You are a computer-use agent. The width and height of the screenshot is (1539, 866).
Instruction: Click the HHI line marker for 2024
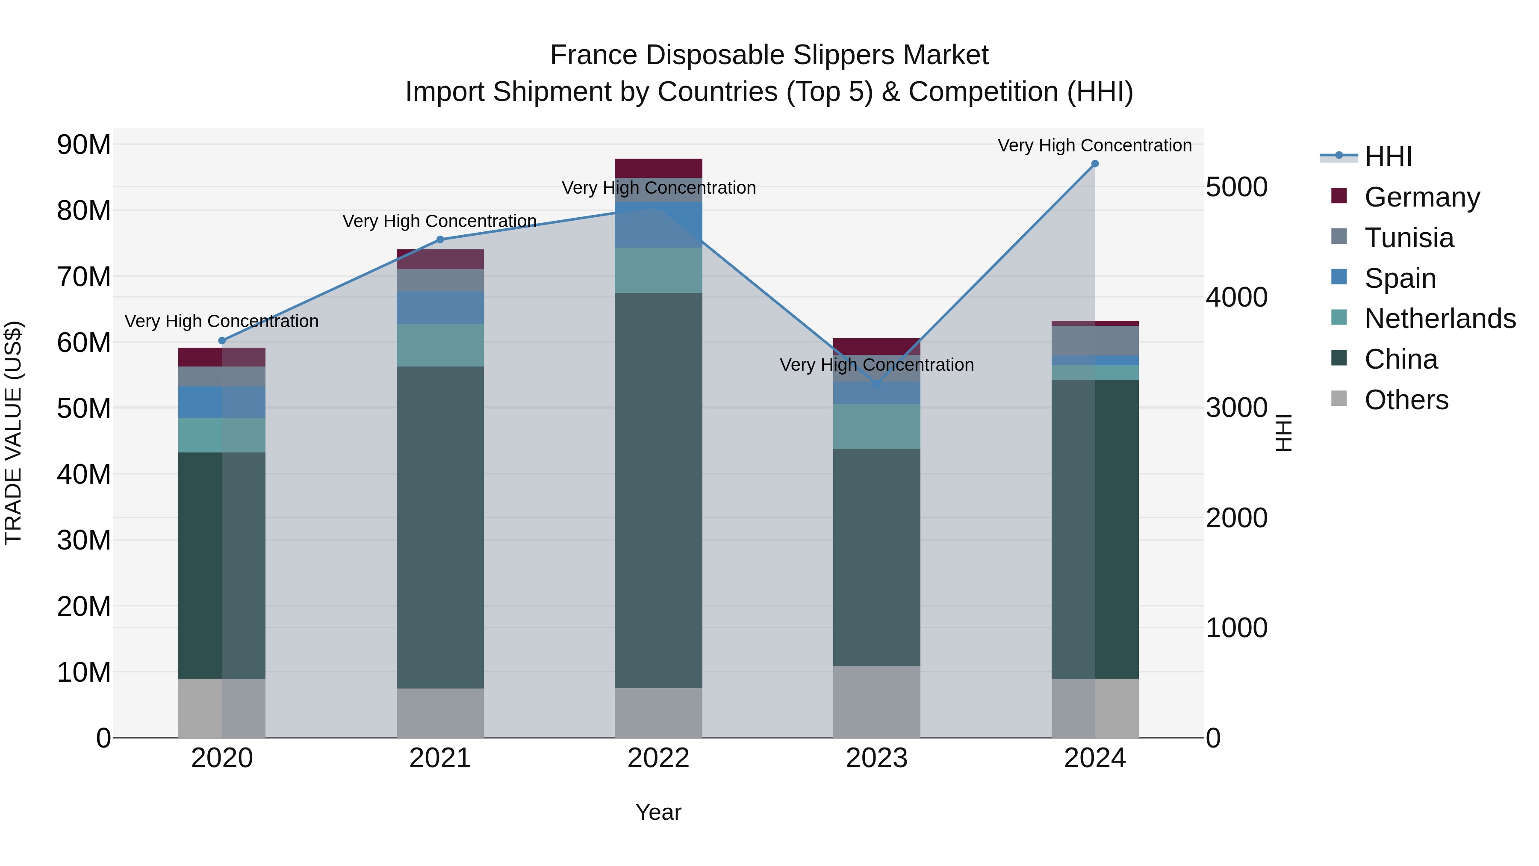(1094, 164)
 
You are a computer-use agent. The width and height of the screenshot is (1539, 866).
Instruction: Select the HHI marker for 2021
(440, 239)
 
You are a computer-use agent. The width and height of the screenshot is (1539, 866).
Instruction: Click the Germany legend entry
(1421, 197)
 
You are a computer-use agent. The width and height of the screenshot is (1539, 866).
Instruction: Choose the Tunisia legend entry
(1408, 238)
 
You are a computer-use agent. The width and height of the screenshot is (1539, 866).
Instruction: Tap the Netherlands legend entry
(1439, 319)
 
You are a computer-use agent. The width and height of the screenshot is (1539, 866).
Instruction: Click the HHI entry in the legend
(1387, 157)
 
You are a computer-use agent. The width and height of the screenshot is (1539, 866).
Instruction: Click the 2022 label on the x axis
(658, 758)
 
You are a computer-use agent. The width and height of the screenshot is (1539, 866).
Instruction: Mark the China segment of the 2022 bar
(658, 490)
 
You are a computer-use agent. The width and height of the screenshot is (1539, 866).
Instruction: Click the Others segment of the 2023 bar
(876, 702)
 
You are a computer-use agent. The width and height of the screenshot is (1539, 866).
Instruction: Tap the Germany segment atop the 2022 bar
(658, 168)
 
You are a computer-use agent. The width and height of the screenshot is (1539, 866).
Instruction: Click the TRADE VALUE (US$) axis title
(13, 433)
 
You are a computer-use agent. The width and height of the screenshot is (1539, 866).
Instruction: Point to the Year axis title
(658, 812)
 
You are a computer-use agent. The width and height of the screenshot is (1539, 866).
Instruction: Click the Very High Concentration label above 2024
(1094, 145)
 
